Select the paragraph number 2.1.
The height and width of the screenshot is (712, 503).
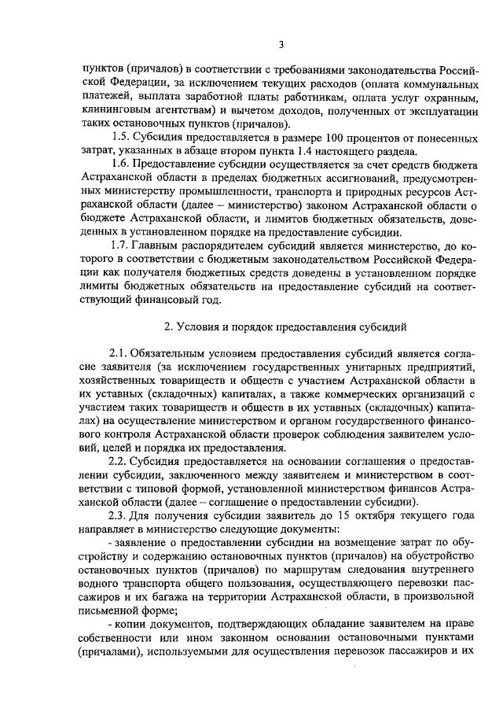click(118, 350)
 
